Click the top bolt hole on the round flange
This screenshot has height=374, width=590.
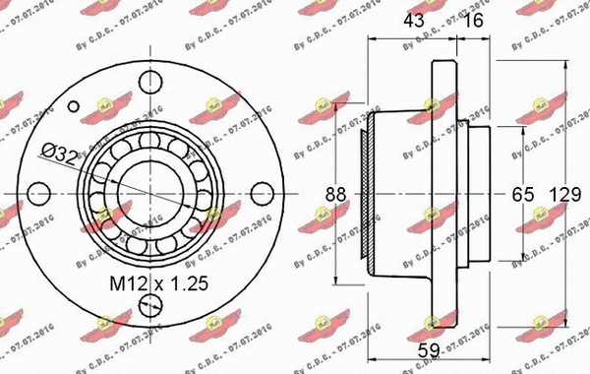pos(150,80)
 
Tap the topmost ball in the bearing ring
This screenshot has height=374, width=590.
pos(150,141)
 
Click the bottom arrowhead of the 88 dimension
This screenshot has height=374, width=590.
pos(337,280)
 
